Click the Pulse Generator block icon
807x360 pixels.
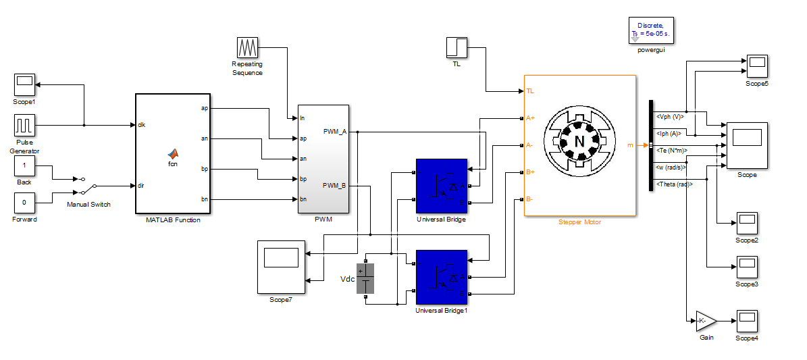24,125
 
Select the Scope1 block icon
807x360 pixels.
24,84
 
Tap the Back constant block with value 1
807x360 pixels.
24,165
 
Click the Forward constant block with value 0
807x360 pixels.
24,202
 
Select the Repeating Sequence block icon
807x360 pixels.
247,48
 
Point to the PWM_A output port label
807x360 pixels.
335,131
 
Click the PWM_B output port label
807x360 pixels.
335,185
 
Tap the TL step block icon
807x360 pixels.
457,48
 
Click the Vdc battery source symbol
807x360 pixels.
365,278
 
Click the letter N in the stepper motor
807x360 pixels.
579,141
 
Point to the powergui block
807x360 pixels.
651,30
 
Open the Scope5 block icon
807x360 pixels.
757,66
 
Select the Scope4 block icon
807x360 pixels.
747,321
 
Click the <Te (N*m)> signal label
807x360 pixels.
672,150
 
